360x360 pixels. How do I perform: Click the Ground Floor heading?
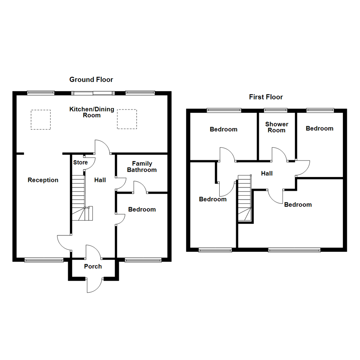[91, 80]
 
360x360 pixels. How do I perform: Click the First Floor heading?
[266, 97]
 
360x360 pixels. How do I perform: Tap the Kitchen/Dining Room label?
[92, 112]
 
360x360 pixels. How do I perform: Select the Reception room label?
[43, 180]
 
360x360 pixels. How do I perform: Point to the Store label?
[80, 163]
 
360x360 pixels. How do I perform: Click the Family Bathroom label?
[142, 167]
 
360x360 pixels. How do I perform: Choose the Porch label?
[93, 267]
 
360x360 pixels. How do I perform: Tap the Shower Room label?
[277, 127]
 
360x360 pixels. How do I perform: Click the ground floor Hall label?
[100, 180]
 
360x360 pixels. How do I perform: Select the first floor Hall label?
[267, 173]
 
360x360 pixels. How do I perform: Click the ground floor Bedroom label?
[142, 209]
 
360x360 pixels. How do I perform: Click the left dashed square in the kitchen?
[41, 120]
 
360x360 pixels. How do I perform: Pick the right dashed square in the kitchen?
[127, 119]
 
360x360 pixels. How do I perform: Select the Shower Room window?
[275, 109]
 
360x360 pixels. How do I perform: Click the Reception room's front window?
[44, 260]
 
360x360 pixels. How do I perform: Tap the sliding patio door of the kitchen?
[94, 93]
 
